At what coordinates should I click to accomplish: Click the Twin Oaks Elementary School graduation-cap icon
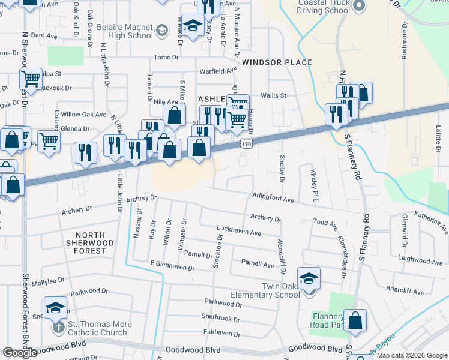(309, 278)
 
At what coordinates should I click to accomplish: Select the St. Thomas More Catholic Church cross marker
(58, 328)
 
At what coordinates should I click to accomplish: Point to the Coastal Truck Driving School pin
(359, 6)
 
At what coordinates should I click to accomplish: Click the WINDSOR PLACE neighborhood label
(277, 62)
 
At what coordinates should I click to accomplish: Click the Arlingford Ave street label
(273, 199)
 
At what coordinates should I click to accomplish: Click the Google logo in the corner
(19, 353)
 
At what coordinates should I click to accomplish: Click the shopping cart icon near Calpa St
(31, 79)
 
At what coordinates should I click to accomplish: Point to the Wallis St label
(273, 95)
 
